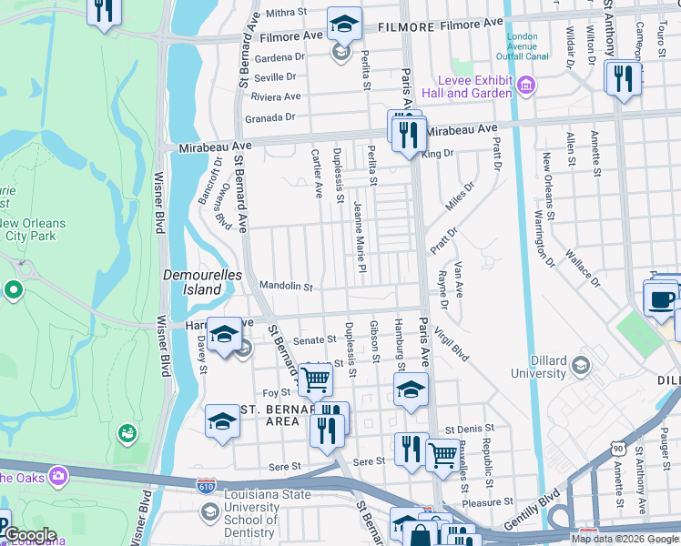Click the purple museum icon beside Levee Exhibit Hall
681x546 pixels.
[526, 86]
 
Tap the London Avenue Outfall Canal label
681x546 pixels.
[527, 46]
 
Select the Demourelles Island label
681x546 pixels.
[192, 282]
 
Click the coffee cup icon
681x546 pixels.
[662, 298]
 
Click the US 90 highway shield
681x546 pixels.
[618, 448]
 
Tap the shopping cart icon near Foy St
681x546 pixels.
[316, 380]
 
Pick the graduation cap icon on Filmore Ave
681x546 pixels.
[344, 25]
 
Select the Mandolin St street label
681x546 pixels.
[286, 287]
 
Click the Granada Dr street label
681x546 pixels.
[270, 117]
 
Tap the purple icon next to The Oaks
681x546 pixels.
[59, 475]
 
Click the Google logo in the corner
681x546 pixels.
[31, 535]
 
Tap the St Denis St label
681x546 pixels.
[469, 428]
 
